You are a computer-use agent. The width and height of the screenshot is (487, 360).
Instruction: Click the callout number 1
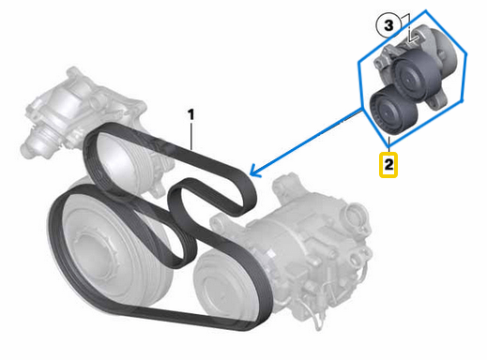pyautogui.click(x=191, y=114)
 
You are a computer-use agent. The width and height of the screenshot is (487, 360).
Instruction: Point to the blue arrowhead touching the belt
pyautogui.click(x=253, y=171)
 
